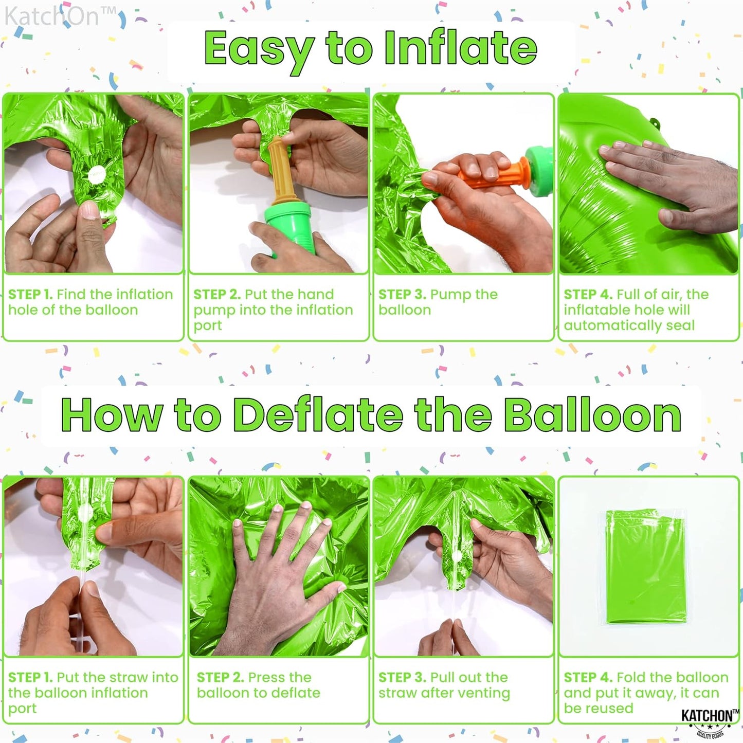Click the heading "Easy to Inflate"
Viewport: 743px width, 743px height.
[370, 49]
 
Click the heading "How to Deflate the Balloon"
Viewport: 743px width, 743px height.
[371, 415]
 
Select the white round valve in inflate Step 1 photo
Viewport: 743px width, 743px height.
[96, 174]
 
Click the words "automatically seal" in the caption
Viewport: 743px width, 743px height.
[629, 325]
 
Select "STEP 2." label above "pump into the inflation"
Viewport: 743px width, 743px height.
[216, 295]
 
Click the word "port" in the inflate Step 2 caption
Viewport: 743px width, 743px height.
[208, 325]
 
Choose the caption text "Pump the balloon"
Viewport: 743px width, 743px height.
[438, 302]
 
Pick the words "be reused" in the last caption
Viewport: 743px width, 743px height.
[598, 709]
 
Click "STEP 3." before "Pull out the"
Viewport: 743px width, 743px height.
[402, 678]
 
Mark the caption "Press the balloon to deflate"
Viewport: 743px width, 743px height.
[258, 685]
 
